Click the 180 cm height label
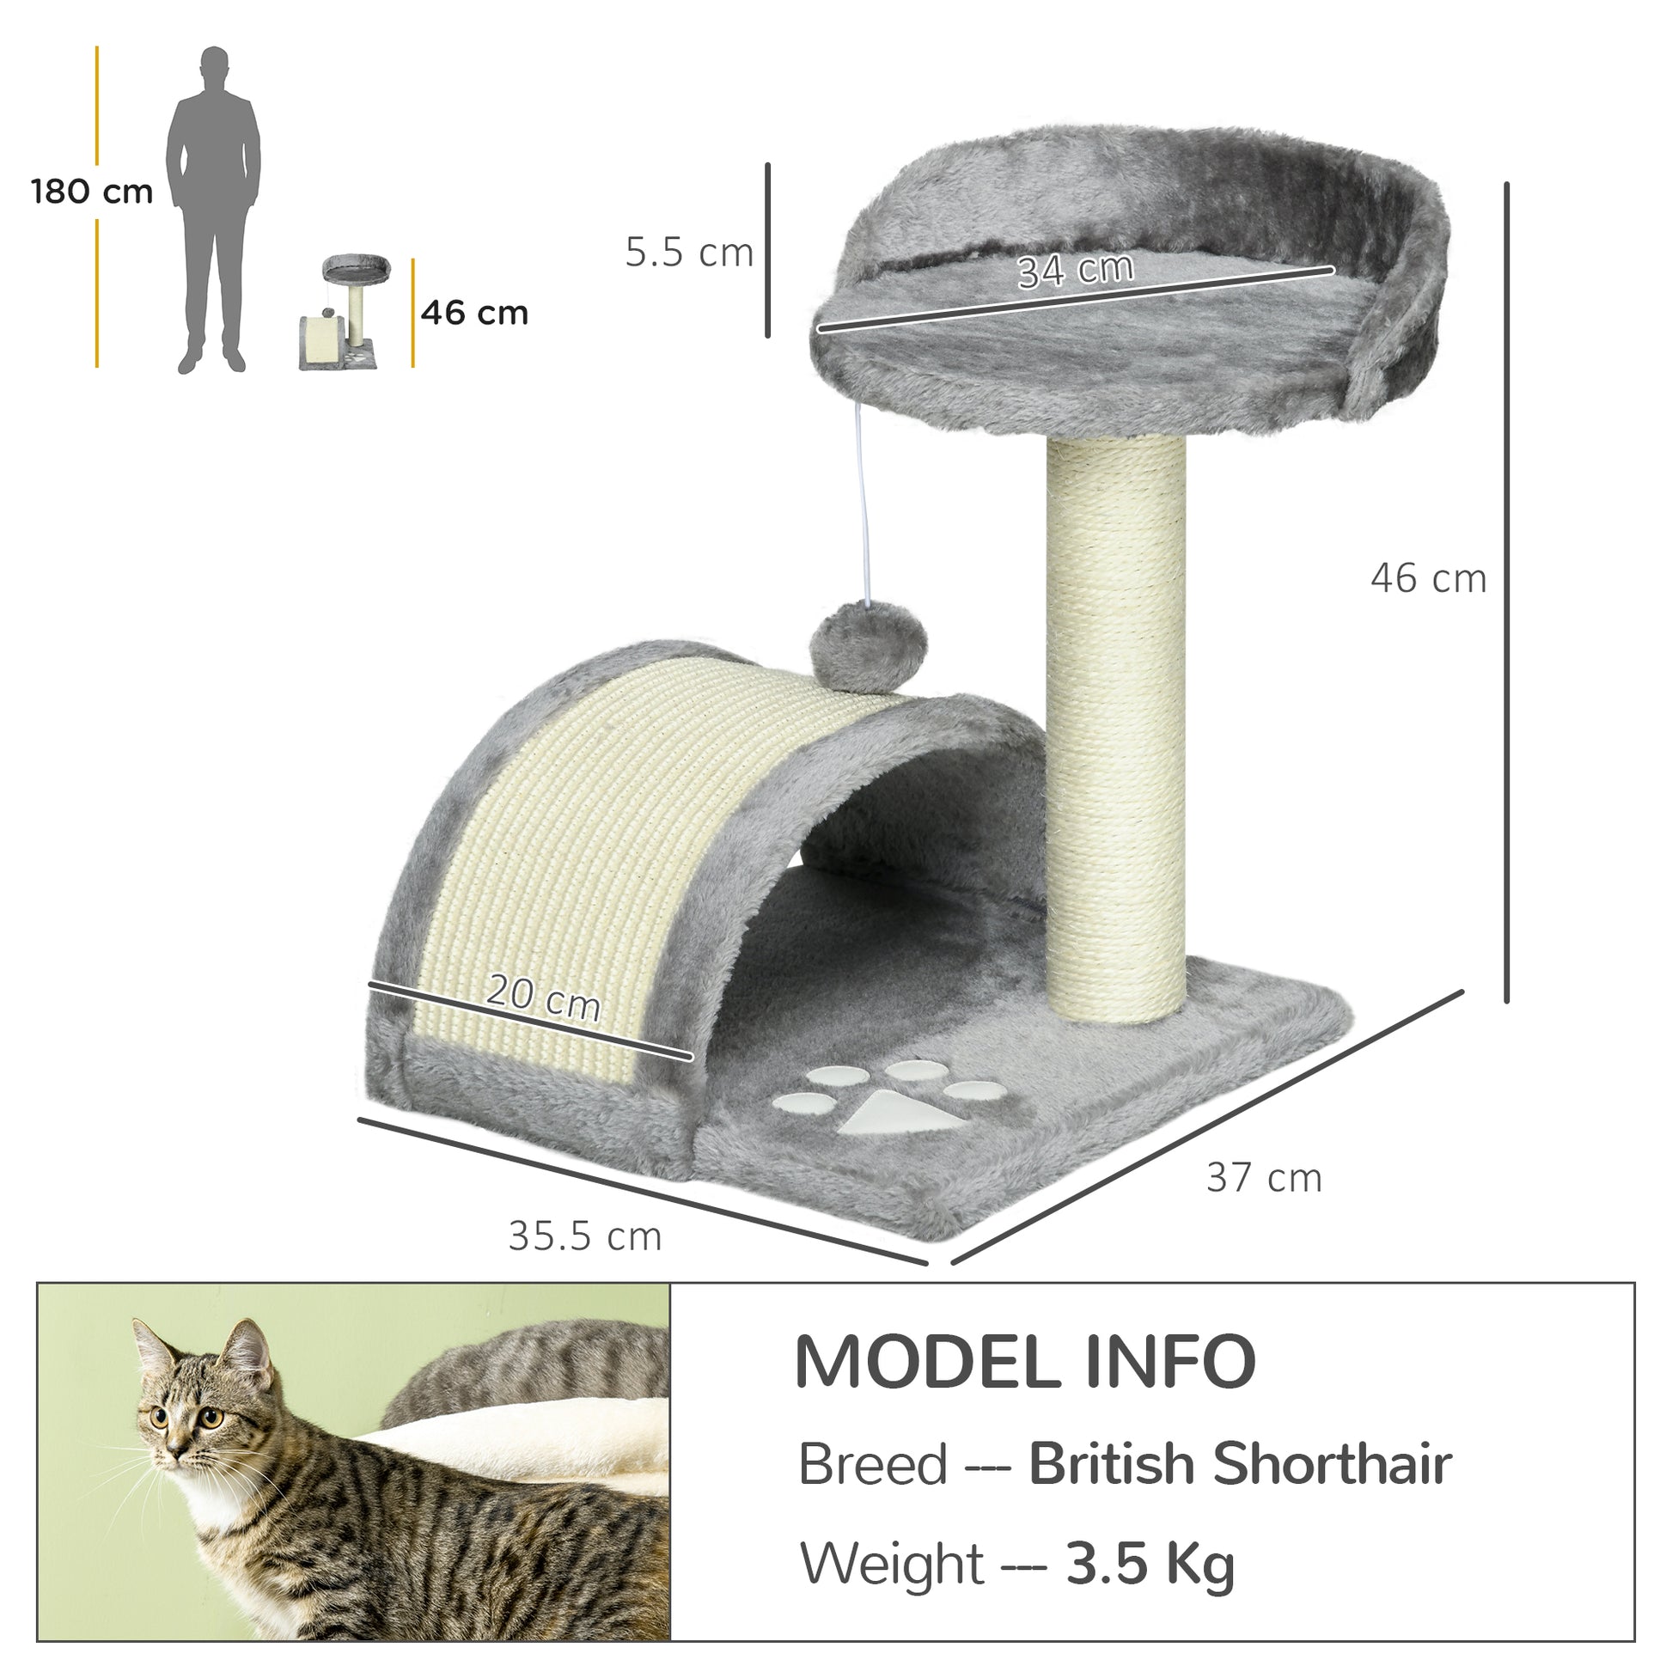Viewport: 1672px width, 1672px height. [x=92, y=192]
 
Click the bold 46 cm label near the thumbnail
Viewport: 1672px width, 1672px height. [x=474, y=313]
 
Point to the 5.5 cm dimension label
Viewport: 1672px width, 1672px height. [x=689, y=253]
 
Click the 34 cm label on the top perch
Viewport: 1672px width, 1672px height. [x=1075, y=270]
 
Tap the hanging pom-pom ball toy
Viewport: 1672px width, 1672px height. [x=867, y=647]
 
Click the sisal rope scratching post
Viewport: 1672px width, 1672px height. [x=1115, y=727]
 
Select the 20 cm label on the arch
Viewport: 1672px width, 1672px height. [x=544, y=997]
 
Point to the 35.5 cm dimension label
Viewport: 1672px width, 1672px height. [x=585, y=1236]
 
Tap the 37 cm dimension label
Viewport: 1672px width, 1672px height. [x=1264, y=1178]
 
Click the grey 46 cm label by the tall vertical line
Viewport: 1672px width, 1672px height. [x=1428, y=578]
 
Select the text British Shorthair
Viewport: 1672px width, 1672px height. [x=1239, y=1464]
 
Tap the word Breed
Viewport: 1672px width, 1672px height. [x=872, y=1465]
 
